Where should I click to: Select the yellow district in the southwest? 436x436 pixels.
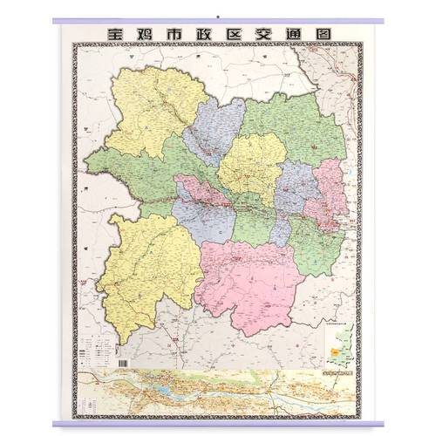tap(148, 257)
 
